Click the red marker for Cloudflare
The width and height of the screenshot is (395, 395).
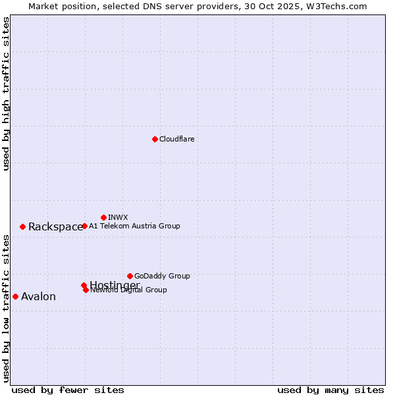155,139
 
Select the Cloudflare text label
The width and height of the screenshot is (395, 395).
176,139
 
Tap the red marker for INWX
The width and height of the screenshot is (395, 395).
103,217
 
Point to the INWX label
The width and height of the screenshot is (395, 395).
118,217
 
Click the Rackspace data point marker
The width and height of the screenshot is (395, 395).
22,226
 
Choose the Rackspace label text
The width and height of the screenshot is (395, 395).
55,227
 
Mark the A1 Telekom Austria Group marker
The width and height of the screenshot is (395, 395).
84,226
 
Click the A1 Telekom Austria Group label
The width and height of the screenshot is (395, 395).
134,226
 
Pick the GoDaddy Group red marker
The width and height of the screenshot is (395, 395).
130,276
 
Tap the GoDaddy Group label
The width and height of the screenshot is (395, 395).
162,276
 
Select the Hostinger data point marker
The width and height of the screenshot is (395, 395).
84,285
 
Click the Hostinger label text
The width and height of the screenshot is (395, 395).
115,284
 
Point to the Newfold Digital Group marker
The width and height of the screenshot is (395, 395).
86,290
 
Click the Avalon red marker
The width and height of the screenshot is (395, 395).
15,296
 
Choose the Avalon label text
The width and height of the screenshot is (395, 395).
38,297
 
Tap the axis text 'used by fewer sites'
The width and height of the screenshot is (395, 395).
68,390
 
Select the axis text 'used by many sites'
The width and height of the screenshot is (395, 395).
330,390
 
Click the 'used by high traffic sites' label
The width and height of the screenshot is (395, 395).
6,93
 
